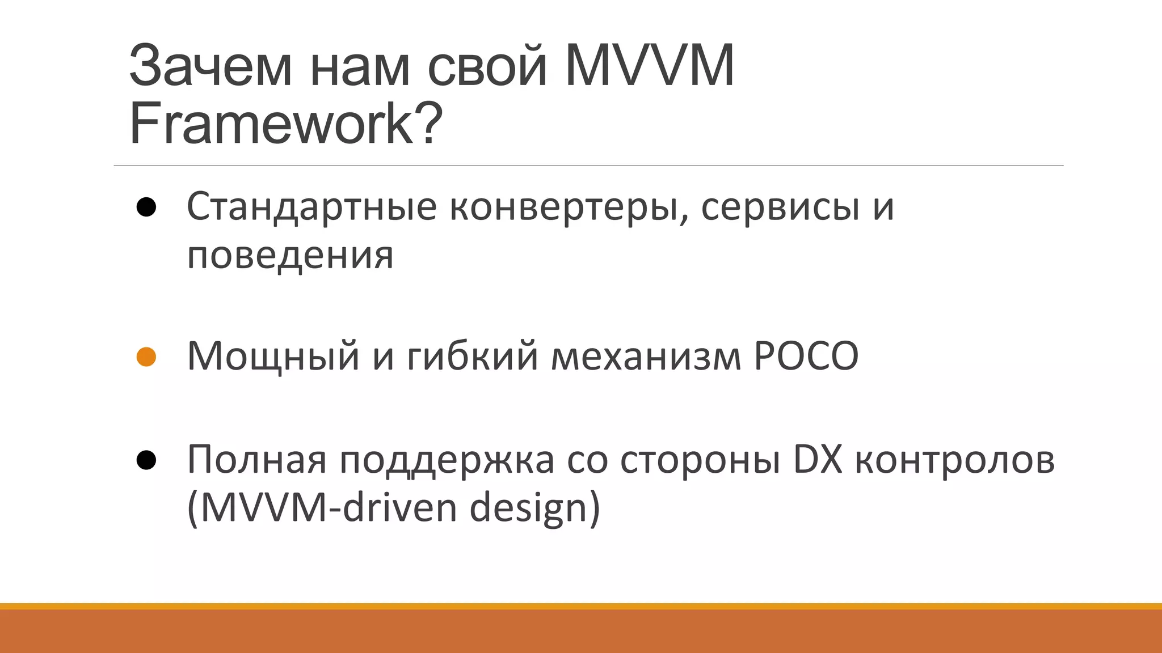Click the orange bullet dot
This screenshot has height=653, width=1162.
[146, 357]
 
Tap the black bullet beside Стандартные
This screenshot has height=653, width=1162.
[146, 207]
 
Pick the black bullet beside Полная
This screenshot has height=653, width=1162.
[146, 460]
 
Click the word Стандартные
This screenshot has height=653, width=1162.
[311, 207]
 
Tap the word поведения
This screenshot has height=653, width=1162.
[290, 256]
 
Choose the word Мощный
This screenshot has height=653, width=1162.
[273, 357]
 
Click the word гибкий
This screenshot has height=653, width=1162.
[472, 357]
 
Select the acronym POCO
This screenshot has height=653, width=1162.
[806, 357]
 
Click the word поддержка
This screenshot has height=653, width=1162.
[447, 460]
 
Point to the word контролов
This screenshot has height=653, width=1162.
[955, 460]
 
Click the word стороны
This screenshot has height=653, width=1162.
[700, 460]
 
